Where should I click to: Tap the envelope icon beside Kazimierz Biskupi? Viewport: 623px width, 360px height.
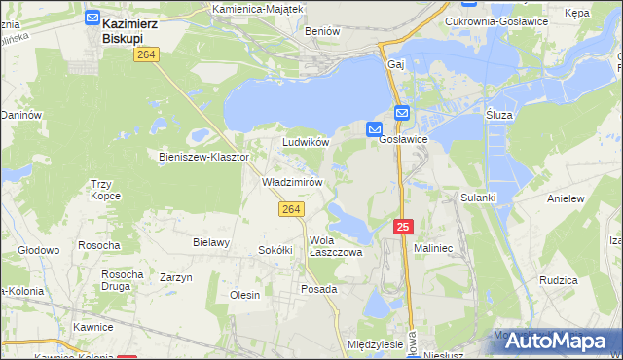click(92, 18)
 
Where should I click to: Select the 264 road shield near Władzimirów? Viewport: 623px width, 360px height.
click(291, 209)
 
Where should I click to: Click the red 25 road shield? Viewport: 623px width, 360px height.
click(405, 227)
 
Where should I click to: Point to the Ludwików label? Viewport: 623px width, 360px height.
click(306, 142)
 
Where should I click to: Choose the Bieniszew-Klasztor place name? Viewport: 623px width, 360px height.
click(204, 156)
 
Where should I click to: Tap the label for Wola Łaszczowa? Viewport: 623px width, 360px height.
click(335, 245)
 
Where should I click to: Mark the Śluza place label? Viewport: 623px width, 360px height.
click(498, 115)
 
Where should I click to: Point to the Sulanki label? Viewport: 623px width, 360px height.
click(479, 198)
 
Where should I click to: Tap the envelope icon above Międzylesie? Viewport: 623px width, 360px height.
click(376, 308)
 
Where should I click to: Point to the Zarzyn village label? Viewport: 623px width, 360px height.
click(176, 278)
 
